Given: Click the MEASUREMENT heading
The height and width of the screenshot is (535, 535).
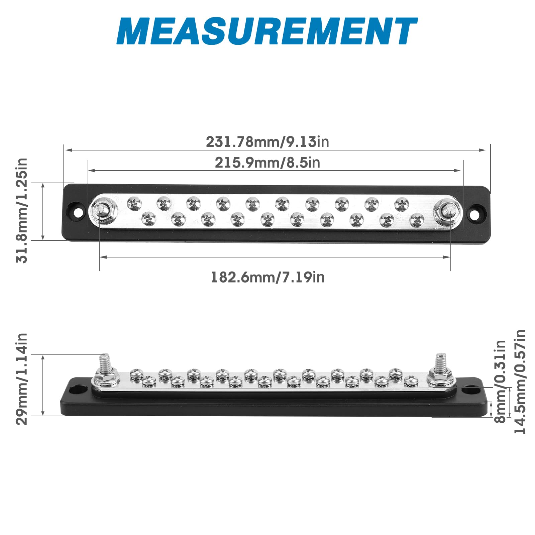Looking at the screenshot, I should [x=267, y=31].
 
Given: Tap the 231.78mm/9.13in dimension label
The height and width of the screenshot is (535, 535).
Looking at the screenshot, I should [x=267, y=142].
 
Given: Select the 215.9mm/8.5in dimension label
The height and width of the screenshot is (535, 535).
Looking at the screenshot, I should [x=267, y=163].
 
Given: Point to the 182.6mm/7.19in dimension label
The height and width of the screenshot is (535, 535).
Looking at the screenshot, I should [x=267, y=277].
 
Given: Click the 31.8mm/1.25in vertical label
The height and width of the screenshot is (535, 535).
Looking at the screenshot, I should [x=22, y=211].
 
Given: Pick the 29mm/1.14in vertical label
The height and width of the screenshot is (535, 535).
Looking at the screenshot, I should [x=22, y=379].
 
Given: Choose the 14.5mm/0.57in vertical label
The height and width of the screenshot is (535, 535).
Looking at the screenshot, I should [x=520, y=381].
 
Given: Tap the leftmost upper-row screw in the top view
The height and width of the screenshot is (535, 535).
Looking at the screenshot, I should [x=134, y=203].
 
